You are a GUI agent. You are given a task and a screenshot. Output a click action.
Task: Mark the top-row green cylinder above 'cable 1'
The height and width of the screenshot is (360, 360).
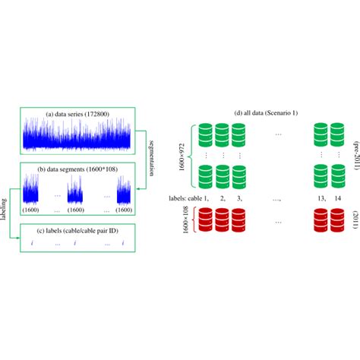click(204, 135)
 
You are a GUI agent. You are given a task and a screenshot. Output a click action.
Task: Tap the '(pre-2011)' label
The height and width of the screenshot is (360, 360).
click(354, 156)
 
